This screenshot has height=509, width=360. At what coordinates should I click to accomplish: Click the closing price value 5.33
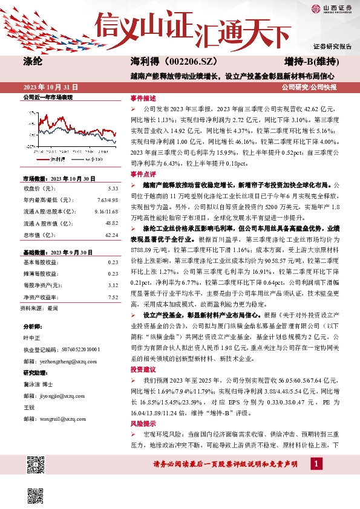click(x=113, y=188)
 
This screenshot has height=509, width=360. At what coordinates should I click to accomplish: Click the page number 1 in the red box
click(x=316, y=462)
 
